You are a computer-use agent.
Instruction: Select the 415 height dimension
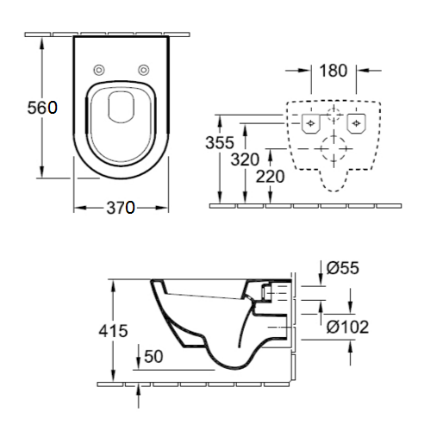(113, 330)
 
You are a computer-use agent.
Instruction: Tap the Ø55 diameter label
(342, 269)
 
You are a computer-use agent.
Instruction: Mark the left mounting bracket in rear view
(308, 124)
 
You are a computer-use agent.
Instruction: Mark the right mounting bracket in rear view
(354, 124)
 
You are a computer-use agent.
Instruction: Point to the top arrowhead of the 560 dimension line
(42, 41)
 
